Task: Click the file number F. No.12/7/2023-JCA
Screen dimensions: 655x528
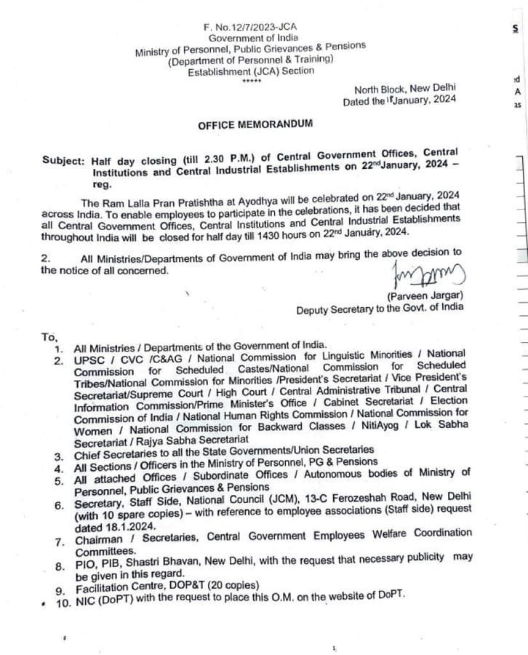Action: pyautogui.click(x=250, y=27)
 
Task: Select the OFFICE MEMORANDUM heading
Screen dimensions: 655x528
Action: pyautogui.click(x=255, y=124)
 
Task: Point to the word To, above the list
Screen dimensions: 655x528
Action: pyautogui.click(x=49, y=337)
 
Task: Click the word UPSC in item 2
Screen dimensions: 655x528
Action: pyautogui.click(x=88, y=360)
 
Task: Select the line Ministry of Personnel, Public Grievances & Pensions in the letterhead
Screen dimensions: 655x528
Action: pyautogui.click(x=250, y=49)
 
